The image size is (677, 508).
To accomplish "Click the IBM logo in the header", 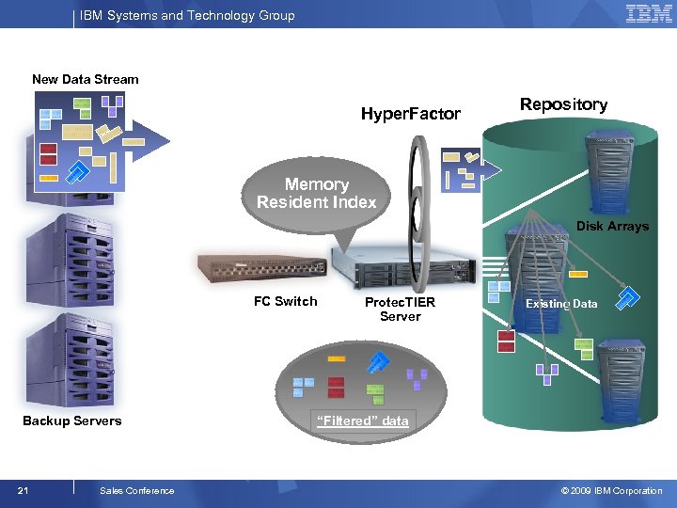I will tap(649, 14).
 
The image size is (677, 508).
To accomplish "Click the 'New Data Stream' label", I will tap(85, 79).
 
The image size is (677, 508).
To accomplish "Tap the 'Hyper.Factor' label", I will tap(411, 114).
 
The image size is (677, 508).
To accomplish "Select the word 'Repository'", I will tap(563, 104).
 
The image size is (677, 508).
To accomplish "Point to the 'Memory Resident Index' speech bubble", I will tap(317, 194).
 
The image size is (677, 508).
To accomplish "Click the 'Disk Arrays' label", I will tap(612, 226).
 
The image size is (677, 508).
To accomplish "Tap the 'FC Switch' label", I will tap(286, 301).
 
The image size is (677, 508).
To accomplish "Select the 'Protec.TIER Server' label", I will tap(400, 310).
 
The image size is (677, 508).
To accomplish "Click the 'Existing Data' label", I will tap(561, 304).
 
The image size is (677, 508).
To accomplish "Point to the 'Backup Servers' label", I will tap(72, 421).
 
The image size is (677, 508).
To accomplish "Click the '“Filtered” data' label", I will tap(363, 421).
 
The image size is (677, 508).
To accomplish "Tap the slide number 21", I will tap(24, 490).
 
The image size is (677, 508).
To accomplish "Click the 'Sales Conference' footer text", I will tap(136, 490).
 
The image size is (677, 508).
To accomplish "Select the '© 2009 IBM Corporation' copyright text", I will tap(611, 490).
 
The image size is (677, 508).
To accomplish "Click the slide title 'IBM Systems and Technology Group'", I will tap(187, 15).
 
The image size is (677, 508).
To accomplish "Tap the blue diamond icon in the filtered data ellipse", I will tap(378, 362).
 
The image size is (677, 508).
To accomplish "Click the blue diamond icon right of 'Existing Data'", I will tap(630, 298).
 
